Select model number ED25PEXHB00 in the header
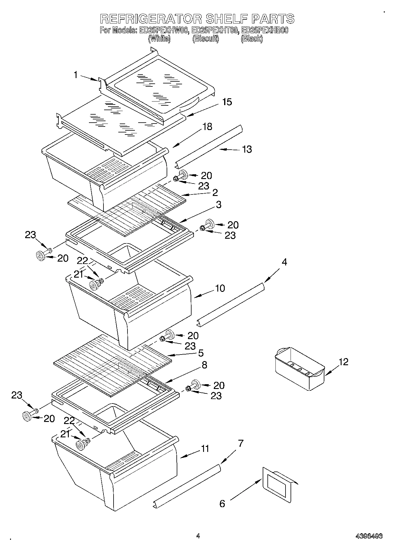(265, 30)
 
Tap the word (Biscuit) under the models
(206, 39)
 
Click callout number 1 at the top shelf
(76, 75)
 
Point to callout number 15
(227, 102)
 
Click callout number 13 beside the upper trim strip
(247, 149)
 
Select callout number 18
(207, 126)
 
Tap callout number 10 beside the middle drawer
(220, 288)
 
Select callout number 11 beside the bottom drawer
(205, 448)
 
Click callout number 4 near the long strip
(284, 262)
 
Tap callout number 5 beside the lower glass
(201, 353)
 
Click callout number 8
(204, 365)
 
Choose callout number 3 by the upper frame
(219, 205)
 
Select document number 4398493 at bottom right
(369, 536)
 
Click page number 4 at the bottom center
(198, 536)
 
